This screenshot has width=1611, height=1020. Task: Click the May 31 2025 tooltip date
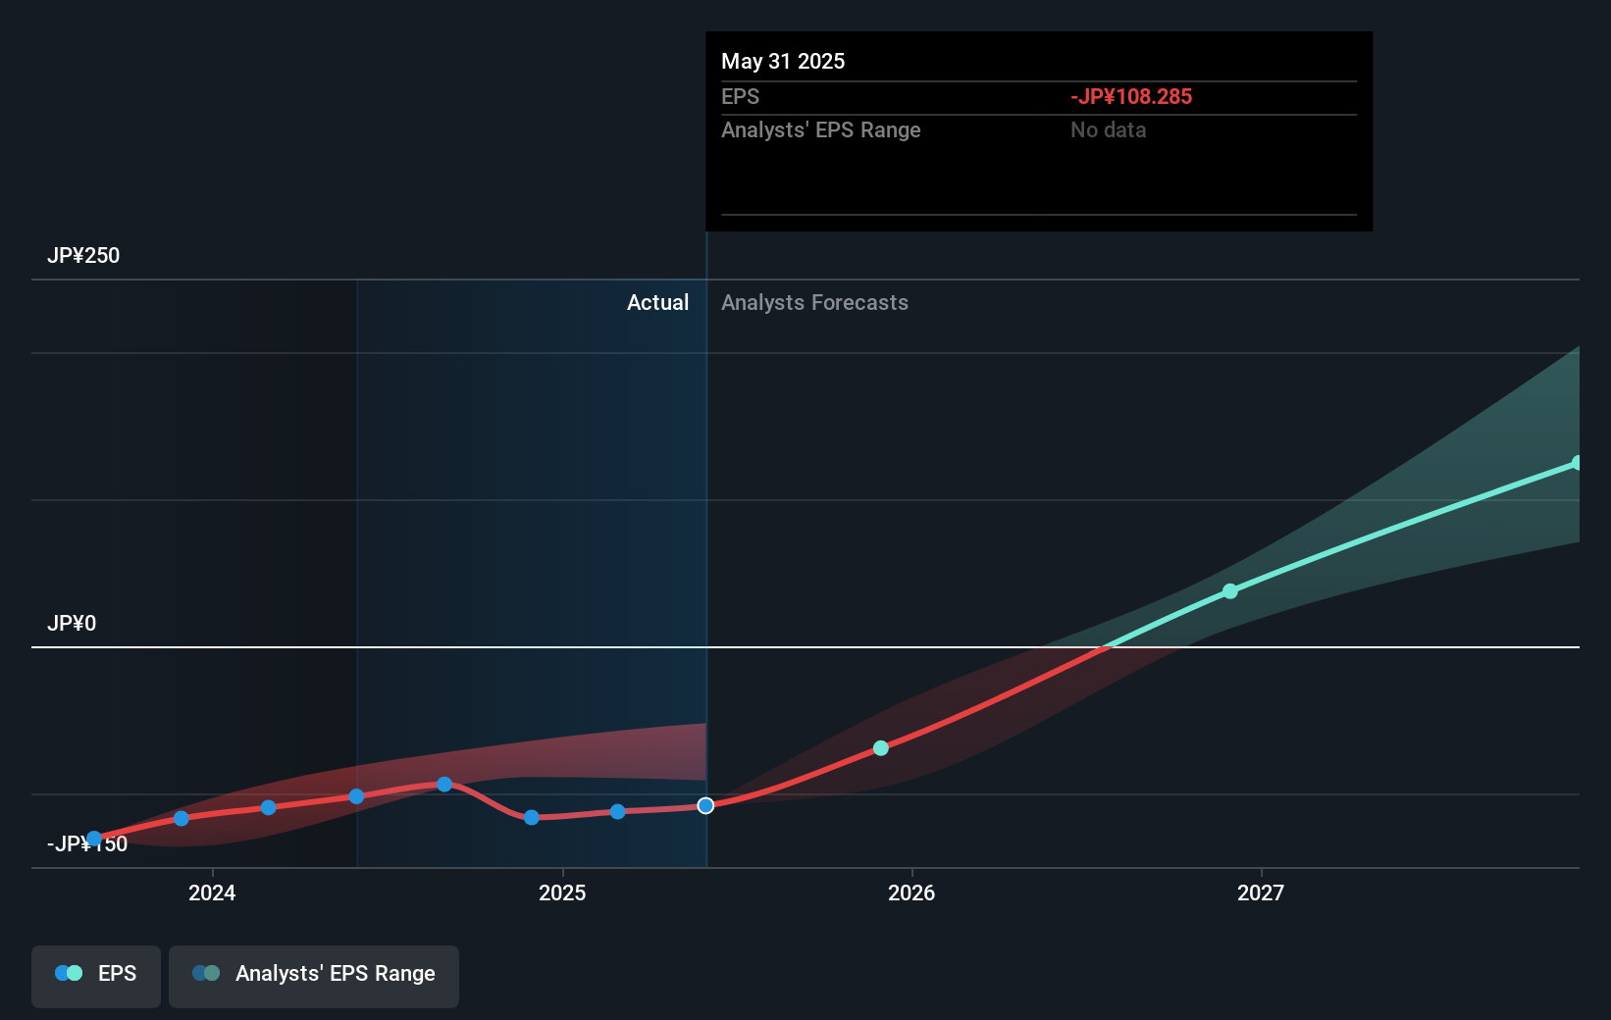pos(782,61)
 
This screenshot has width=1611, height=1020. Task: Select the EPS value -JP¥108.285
pos(1130,96)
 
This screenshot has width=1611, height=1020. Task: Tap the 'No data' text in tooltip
pos(1108,129)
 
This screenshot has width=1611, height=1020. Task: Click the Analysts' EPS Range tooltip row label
pos(820,129)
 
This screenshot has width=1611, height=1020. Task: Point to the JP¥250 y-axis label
pos(83,255)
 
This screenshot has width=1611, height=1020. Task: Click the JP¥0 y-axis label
pos(72,623)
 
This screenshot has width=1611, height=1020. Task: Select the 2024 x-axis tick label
pos(212,892)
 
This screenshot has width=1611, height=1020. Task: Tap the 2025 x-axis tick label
pos(562,892)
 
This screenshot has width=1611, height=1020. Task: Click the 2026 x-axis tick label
pos(911,892)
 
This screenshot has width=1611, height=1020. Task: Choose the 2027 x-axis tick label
pos(1261,892)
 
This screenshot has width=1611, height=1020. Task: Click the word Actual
pos(657,302)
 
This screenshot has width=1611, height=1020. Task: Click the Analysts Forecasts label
pos(814,302)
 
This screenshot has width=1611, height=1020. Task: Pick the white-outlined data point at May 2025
pos(705,805)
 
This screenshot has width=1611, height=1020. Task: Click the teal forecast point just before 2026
pos(881,748)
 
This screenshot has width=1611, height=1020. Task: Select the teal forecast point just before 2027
pos(1230,591)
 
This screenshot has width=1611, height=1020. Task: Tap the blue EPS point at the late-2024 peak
pos(444,784)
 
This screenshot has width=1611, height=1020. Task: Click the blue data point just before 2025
pos(531,817)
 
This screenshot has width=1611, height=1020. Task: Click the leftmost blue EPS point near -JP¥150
pos(94,839)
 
